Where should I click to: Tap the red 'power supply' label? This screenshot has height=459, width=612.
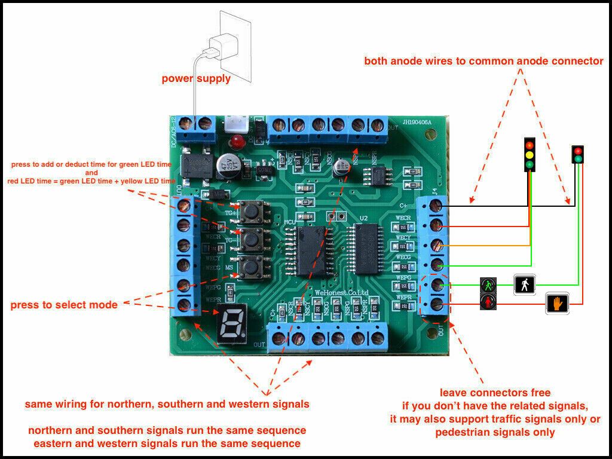(x=196, y=78)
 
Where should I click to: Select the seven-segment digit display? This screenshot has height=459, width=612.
(x=230, y=327)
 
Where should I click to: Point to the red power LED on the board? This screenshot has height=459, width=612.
(x=238, y=143)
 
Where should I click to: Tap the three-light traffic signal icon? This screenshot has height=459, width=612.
(x=530, y=155)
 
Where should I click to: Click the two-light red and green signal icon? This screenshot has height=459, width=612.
(x=577, y=155)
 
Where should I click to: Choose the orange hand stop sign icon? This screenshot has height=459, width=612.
(x=557, y=304)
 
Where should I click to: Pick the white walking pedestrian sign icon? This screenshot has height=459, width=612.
(x=525, y=284)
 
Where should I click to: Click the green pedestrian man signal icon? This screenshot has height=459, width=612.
(x=488, y=285)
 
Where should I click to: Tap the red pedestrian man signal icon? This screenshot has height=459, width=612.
(x=488, y=302)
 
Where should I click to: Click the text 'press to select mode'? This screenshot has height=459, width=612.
(x=64, y=305)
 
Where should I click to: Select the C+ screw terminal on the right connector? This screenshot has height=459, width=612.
(x=436, y=206)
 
